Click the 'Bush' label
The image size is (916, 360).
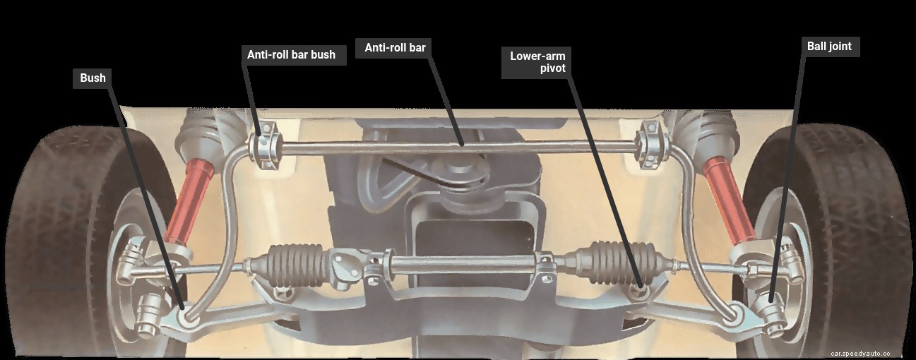pos(93,78)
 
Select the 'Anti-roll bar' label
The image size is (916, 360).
pos(395,48)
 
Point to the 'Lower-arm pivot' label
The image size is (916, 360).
pos(537,62)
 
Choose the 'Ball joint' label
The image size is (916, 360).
pos(829,47)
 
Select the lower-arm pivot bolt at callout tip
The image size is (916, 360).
pos(641,288)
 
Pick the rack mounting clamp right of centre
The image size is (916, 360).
pos(545,264)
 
